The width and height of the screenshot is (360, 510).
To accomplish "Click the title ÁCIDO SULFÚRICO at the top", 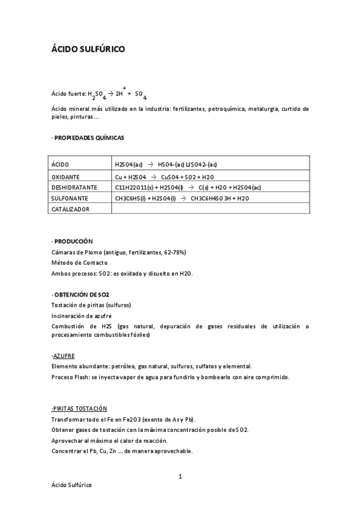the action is [x=88, y=49].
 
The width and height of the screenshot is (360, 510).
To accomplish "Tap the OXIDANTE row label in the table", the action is [x=66, y=177].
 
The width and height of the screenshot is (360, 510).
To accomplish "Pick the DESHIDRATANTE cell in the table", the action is [x=75, y=187].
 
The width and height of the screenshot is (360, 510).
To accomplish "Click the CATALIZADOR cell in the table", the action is [x=71, y=209].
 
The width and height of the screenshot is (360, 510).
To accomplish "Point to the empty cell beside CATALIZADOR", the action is [x=210, y=209].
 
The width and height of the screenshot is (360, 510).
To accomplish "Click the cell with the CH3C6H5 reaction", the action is [x=182, y=198].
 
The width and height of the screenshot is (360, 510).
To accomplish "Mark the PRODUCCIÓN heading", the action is [x=73, y=241].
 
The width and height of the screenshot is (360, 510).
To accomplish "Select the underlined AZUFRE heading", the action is [x=64, y=355].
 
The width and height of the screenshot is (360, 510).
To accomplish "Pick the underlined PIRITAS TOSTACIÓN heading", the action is [x=79, y=408].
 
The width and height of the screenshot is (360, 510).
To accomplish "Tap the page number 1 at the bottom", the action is [x=180, y=477].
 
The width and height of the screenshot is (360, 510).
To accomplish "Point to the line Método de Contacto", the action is [x=79, y=263].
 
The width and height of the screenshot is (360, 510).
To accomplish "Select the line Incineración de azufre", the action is [x=81, y=316].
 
